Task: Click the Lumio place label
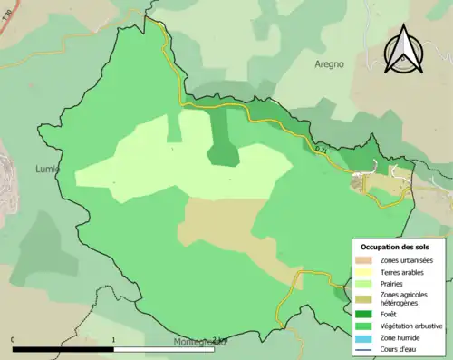(45, 169)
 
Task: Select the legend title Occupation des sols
(396, 247)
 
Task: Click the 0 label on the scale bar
(13, 341)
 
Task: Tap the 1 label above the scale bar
(112, 341)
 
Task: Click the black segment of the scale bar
(63, 349)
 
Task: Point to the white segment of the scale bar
(163, 349)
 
